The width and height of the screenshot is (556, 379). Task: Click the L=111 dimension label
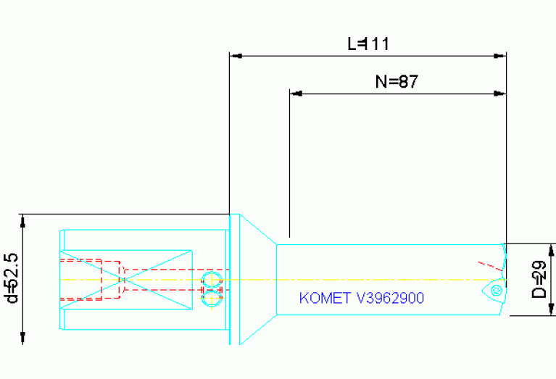coord(368,44)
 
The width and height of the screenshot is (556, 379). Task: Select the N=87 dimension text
coord(397,82)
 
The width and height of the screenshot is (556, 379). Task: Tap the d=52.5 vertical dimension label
coord(12,278)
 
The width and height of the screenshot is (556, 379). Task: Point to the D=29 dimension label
coord(539,280)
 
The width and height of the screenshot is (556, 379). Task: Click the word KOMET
coord(325,298)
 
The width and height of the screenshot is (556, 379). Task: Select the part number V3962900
coord(390,298)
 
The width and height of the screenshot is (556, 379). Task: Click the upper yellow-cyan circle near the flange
coord(212,280)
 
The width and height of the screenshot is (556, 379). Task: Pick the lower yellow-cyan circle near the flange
coord(212,298)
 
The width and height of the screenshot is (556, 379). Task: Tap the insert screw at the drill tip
coord(497,291)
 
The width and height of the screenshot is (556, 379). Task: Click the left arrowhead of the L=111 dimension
coord(236,56)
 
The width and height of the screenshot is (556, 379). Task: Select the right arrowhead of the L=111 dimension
coord(500,56)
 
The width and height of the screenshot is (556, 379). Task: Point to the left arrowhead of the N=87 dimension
coord(296,93)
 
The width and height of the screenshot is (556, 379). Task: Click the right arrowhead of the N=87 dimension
coord(500,93)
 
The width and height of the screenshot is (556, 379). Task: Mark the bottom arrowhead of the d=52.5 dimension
coord(22,338)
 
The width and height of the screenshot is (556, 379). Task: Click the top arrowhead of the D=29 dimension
coord(551,250)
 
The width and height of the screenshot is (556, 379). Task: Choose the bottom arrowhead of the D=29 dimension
coord(551,309)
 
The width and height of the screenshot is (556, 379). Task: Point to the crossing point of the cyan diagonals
coord(124,280)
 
